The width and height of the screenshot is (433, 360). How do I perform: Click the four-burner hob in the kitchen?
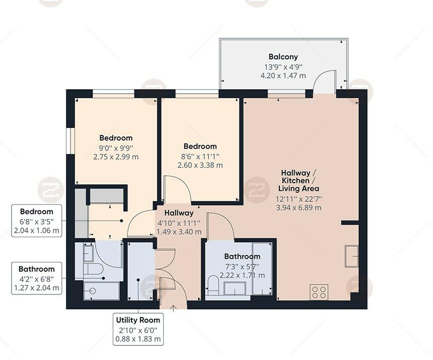tap(319, 292)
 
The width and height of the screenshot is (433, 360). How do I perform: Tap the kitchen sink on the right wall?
tap(351, 256)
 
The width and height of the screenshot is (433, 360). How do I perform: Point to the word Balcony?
tap(283, 57)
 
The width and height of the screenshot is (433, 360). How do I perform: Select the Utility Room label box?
tap(138, 329)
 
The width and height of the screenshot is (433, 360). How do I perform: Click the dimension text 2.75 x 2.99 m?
tap(116, 157)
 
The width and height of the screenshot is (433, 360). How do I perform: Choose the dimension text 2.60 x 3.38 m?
tap(200, 165)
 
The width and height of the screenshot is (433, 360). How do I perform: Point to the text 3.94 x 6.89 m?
tap(299, 207)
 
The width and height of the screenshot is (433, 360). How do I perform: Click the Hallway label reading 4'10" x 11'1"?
tap(178, 223)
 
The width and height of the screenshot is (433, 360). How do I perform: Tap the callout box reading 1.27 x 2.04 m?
tap(36, 289)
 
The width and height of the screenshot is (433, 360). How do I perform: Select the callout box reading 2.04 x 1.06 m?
tap(36, 231)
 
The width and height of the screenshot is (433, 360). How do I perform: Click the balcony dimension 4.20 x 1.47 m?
tap(282, 76)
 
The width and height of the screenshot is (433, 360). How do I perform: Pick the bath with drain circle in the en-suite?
tap(101, 291)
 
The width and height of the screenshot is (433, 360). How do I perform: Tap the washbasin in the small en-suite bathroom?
tap(88, 252)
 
